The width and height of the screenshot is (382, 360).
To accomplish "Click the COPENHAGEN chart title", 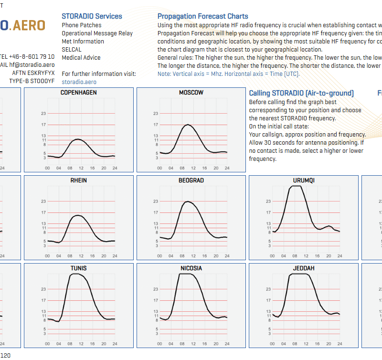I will [79, 93].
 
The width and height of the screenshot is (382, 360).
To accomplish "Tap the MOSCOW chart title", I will [191, 93].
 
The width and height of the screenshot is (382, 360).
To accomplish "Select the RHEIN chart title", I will [79, 180].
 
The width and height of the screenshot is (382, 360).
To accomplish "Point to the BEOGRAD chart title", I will [191, 180].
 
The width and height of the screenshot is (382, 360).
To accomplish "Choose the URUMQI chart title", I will [304, 180].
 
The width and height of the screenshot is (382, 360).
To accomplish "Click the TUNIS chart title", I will [79, 268].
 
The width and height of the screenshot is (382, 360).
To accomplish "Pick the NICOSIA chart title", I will [191, 268].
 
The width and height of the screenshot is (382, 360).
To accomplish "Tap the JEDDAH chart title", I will [304, 268].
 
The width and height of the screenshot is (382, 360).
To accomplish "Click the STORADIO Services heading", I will [92, 16].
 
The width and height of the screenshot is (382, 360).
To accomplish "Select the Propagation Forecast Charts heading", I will [203, 16].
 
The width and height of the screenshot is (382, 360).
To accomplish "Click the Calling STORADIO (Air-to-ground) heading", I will [301, 93].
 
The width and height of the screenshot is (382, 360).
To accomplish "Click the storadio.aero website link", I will [79, 82].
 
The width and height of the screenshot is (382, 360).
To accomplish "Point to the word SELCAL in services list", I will [72, 49].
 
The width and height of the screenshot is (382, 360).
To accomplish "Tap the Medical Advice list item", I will [81, 57].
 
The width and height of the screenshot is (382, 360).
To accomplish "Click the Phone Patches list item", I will [82, 25].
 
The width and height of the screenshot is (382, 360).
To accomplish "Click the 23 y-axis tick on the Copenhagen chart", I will [43, 114].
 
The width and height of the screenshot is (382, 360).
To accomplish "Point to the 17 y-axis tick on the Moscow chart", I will [156, 125].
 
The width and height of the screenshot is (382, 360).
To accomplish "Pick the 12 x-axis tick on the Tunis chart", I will [81, 344].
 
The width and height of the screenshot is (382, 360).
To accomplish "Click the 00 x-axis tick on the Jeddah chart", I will [273, 344].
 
